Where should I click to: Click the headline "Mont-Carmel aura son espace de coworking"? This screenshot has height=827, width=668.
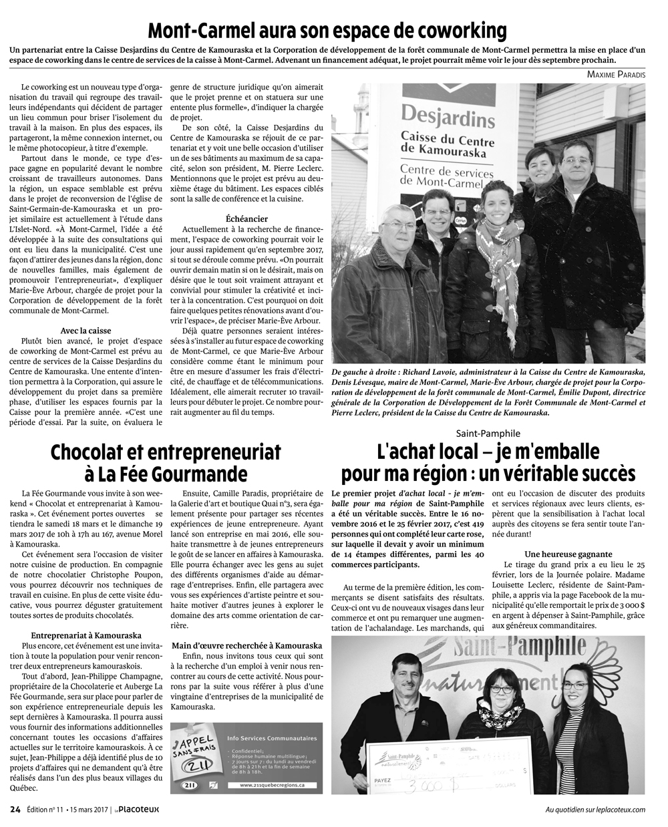point(327,31)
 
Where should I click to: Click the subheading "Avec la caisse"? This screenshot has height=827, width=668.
point(86,331)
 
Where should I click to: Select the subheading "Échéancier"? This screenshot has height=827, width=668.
point(247,218)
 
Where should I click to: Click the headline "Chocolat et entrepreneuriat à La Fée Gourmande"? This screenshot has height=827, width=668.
point(166,462)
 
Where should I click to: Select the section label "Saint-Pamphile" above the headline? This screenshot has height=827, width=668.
point(488,432)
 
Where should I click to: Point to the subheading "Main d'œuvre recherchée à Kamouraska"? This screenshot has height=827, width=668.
point(246,645)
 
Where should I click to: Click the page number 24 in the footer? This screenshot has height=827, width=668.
point(15,810)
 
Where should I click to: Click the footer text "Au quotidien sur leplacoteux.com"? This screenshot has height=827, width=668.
point(595,810)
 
